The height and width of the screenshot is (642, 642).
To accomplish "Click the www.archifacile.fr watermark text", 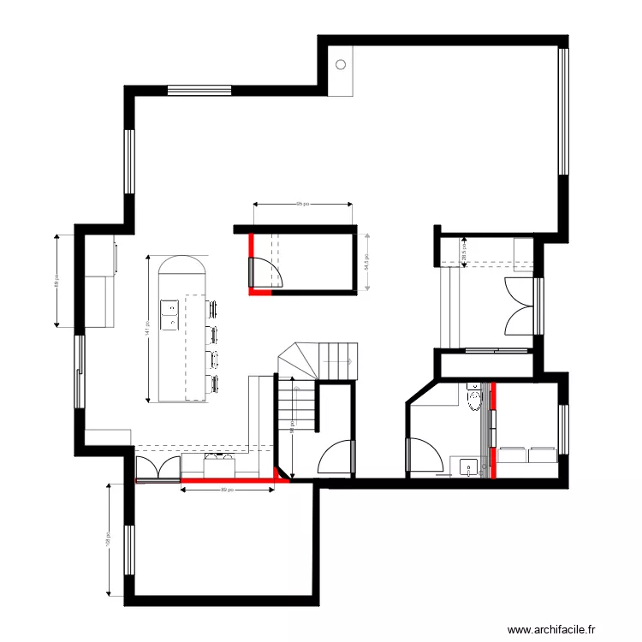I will (562, 630).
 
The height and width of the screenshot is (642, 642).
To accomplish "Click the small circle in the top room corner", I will (341, 64).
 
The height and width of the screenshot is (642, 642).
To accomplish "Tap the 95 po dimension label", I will (301, 205).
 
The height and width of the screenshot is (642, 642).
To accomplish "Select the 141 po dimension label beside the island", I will (148, 327).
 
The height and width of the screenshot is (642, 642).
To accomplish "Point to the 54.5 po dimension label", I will (366, 262).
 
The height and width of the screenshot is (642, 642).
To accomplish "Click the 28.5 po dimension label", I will (463, 252).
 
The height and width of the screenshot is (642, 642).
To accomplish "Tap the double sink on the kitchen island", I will (170, 313).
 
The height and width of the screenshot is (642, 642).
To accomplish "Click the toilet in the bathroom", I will (473, 399).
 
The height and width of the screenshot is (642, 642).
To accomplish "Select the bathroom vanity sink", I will (467, 467).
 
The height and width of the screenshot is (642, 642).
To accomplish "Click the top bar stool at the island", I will (211, 308).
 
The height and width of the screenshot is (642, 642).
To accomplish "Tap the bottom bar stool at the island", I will (211, 381).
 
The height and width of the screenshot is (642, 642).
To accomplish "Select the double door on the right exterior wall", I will (520, 306).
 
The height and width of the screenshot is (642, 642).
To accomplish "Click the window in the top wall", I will (199, 88).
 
